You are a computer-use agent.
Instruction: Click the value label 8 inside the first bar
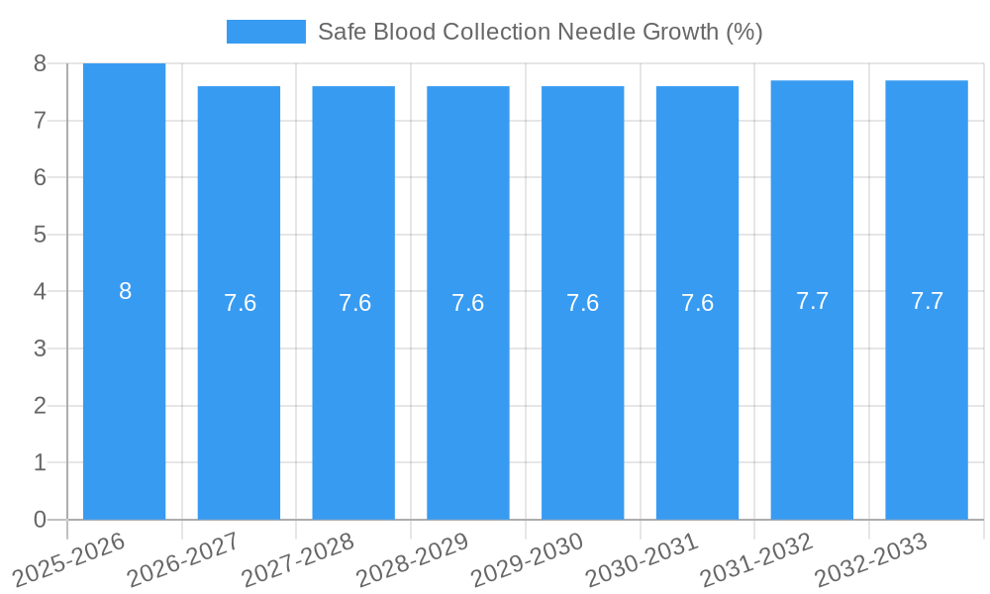125,291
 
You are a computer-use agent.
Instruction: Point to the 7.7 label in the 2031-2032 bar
812,301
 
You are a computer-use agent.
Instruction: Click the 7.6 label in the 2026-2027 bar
240,303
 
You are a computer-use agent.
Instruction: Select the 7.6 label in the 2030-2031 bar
697,303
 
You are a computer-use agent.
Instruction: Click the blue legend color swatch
265,32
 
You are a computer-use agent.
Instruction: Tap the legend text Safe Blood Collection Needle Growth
540,32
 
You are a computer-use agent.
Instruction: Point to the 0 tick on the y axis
40,520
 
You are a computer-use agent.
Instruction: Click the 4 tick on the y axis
40,292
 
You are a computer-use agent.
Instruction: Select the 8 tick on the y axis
40,63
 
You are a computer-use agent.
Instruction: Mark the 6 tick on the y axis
40,177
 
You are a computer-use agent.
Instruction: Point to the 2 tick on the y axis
40,406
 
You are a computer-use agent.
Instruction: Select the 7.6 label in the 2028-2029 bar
467,303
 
